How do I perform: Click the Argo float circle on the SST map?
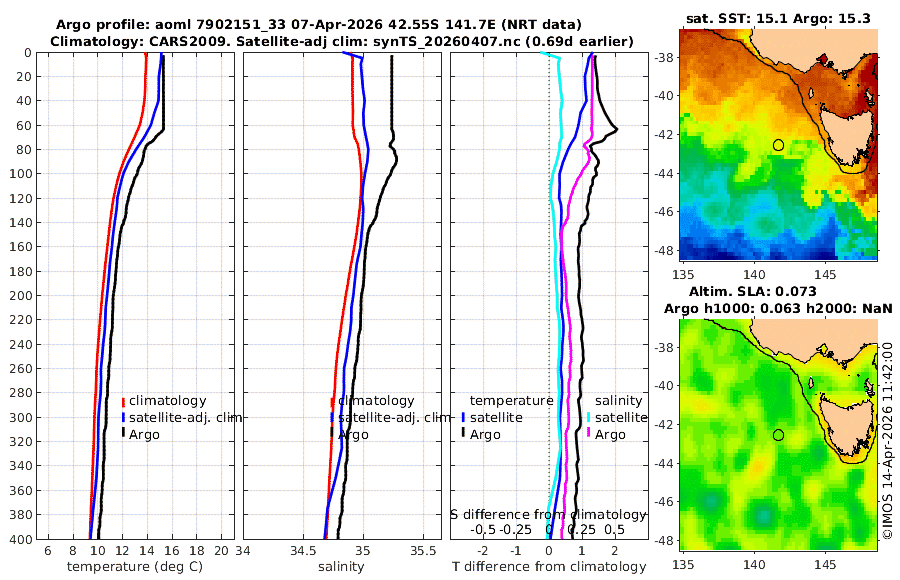click(778, 145)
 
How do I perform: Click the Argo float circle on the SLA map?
click(778, 435)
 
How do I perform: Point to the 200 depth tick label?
click(22, 296)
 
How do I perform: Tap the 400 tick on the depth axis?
click(22, 539)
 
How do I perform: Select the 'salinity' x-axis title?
click(339, 567)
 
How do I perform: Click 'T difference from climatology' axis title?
click(549, 567)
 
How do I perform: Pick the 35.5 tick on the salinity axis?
click(425, 551)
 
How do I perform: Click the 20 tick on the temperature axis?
click(220, 551)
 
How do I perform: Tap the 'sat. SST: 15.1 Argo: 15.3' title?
click(778, 17)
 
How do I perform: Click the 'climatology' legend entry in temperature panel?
click(167, 401)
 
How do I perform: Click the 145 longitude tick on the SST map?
click(826, 273)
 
